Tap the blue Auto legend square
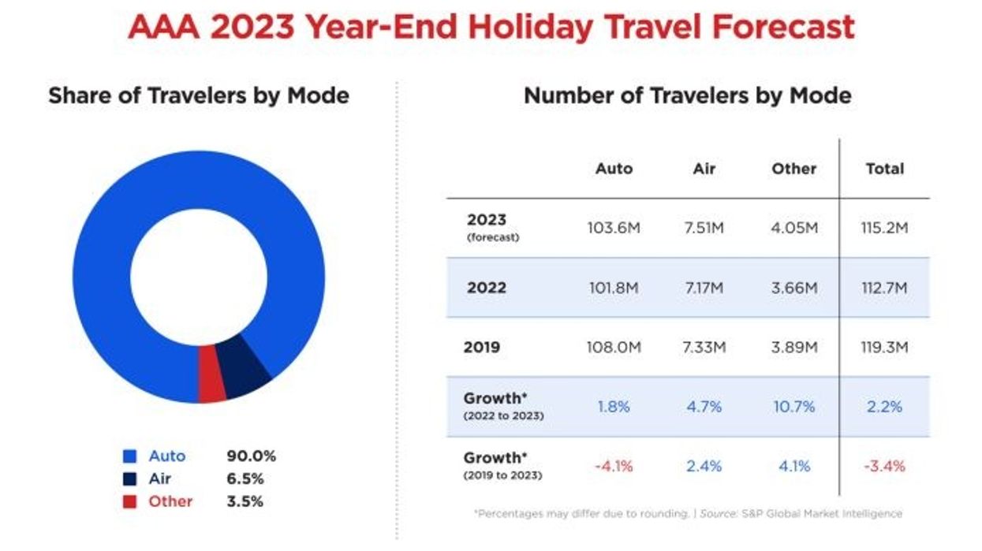coord(131,456)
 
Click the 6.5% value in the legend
coord(245,478)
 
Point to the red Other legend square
coord(131,501)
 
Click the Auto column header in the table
coord(614,169)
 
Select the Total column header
coord(884,169)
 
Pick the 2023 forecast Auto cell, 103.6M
coord(614,228)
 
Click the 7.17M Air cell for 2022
coord(703,288)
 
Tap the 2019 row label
coord(483,347)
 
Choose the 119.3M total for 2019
coord(884,347)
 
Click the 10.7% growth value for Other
coord(793,407)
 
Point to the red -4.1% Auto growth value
coord(614,466)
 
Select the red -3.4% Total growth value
coord(884,466)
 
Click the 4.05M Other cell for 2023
coord(793,228)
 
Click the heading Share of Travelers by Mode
coord(199,96)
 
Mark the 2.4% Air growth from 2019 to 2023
coord(703,466)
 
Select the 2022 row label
coord(486,288)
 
